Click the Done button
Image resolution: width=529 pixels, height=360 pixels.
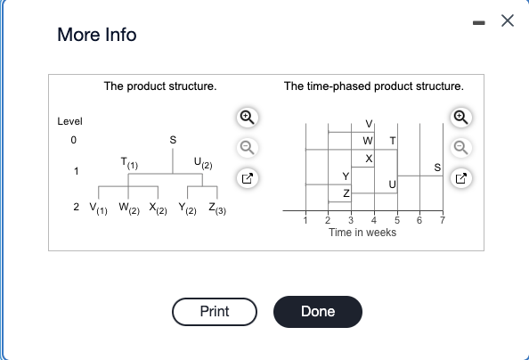click(x=318, y=312)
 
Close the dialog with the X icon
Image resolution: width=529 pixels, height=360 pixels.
click(x=508, y=20)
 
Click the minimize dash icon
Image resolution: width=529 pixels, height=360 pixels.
click(x=479, y=23)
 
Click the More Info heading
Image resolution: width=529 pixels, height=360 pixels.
click(x=97, y=35)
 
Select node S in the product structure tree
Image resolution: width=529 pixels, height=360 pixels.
click(x=173, y=140)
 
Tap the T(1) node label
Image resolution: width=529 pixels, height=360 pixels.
click(x=129, y=163)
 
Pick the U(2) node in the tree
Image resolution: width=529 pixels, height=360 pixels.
click(x=203, y=163)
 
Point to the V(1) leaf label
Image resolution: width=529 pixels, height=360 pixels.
click(x=99, y=208)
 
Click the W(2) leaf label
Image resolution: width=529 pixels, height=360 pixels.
click(x=129, y=208)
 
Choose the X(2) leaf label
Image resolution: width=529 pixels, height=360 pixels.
click(x=158, y=208)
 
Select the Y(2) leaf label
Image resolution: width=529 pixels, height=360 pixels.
click(x=188, y=208)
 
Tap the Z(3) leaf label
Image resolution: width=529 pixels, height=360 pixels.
click(x=217, y=208)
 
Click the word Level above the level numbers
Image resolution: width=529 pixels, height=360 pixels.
click(x=69, y=121)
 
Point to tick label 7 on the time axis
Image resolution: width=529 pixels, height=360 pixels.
click(x=443, y=220)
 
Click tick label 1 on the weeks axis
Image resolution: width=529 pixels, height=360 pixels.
click(x=305, y=220)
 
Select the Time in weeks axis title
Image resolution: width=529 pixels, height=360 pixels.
click(x=362, y=233)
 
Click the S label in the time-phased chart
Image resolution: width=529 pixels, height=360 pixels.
click(x=437, y=168)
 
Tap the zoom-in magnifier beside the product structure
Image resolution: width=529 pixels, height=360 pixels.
click(x=248, y=118)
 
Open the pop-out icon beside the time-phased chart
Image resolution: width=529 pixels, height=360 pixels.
click(x=461, y=178)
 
